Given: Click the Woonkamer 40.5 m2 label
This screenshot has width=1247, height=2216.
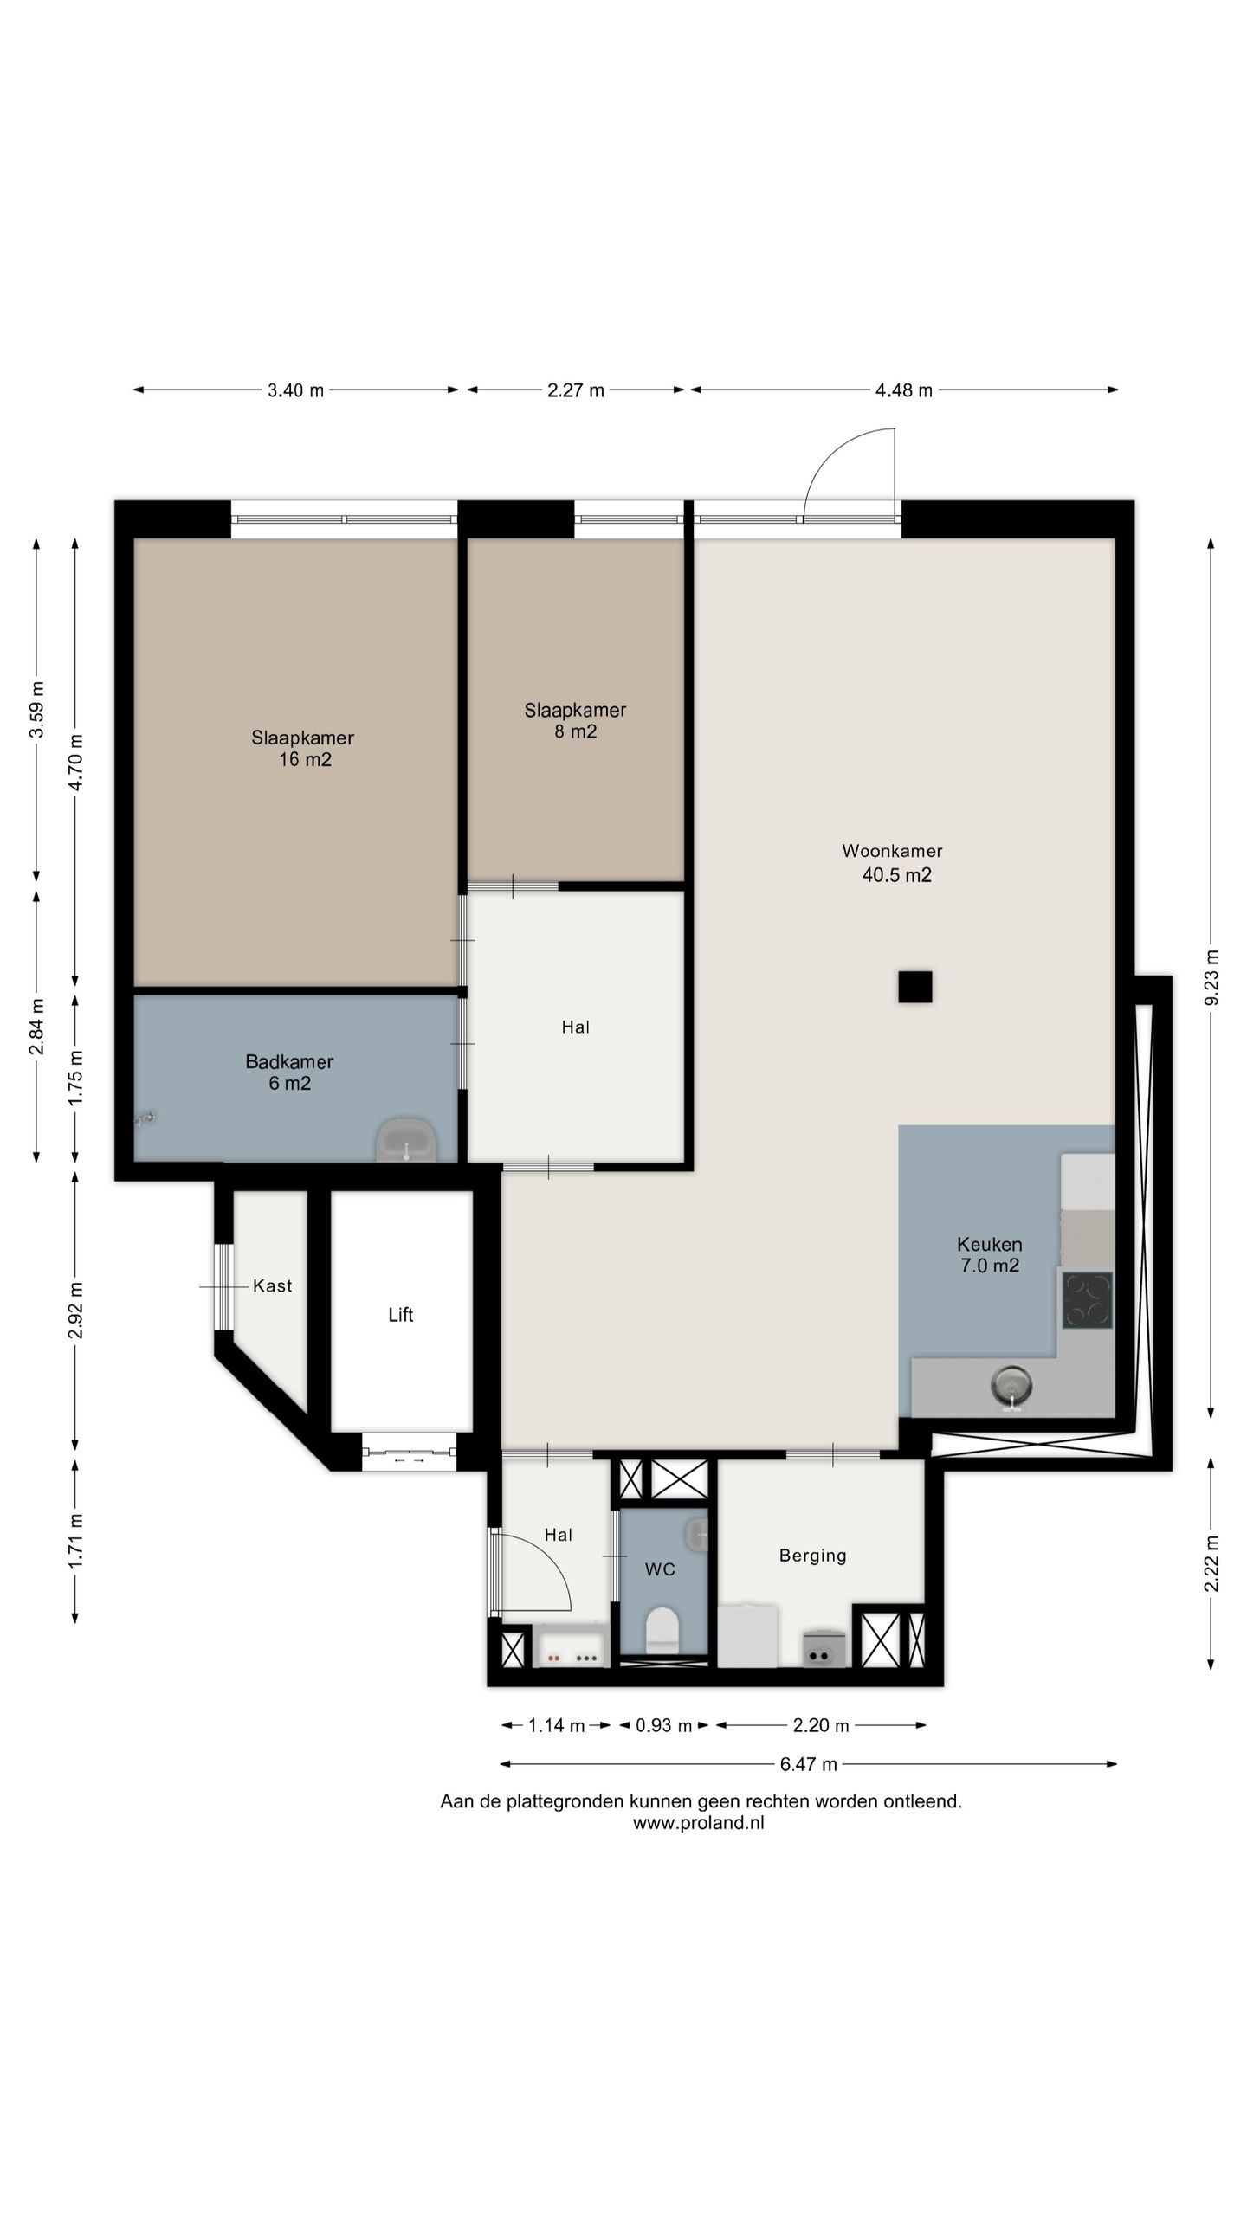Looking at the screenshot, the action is click(893, 863).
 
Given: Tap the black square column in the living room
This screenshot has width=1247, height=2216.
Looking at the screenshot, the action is click(915, 987).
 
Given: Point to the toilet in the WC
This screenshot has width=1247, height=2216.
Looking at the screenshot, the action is click(663, 1630).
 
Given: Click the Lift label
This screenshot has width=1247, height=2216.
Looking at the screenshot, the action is click(400, 1315).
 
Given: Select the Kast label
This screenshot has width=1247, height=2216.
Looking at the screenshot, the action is click(273, 1286).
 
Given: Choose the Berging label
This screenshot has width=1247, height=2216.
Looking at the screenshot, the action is click(813, 1556).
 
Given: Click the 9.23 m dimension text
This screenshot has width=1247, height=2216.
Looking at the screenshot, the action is click(1212, 977).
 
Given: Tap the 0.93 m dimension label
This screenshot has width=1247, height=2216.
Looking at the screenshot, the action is click(664, 1725).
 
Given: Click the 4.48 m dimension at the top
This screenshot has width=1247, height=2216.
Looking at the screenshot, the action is click(904, 390).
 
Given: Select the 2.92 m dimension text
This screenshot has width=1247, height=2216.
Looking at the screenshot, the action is click(76, 1309).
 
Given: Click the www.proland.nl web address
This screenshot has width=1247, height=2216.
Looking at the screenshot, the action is click(699, 1823).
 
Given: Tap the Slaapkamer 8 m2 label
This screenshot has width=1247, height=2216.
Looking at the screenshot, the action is click(575, 721).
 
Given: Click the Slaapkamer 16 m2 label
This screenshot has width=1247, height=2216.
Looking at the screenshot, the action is click(303, 749).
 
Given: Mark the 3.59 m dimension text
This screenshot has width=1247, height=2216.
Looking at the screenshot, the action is click(37, 710).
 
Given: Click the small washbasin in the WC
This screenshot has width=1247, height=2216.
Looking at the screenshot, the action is click(697, 1535).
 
